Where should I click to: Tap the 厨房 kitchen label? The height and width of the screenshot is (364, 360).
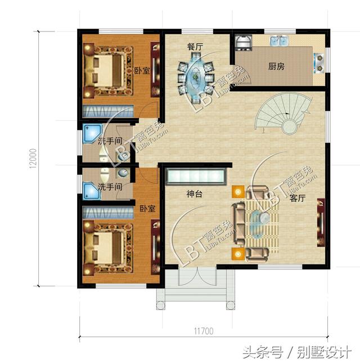[x=276, y=66]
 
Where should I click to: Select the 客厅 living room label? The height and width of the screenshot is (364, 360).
[x=298, y=198]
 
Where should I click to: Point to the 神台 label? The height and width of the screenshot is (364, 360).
[x=195, y=195]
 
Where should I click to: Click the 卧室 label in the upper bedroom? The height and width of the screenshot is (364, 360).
[x=142, y=71]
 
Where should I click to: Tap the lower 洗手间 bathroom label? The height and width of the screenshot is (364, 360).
[x=110, y=186]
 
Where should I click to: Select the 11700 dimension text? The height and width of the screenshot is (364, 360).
[x=203, y=331]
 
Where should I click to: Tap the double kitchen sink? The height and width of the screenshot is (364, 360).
[x=279, y=41]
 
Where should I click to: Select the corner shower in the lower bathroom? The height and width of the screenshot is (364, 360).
[x=91, y=191]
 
